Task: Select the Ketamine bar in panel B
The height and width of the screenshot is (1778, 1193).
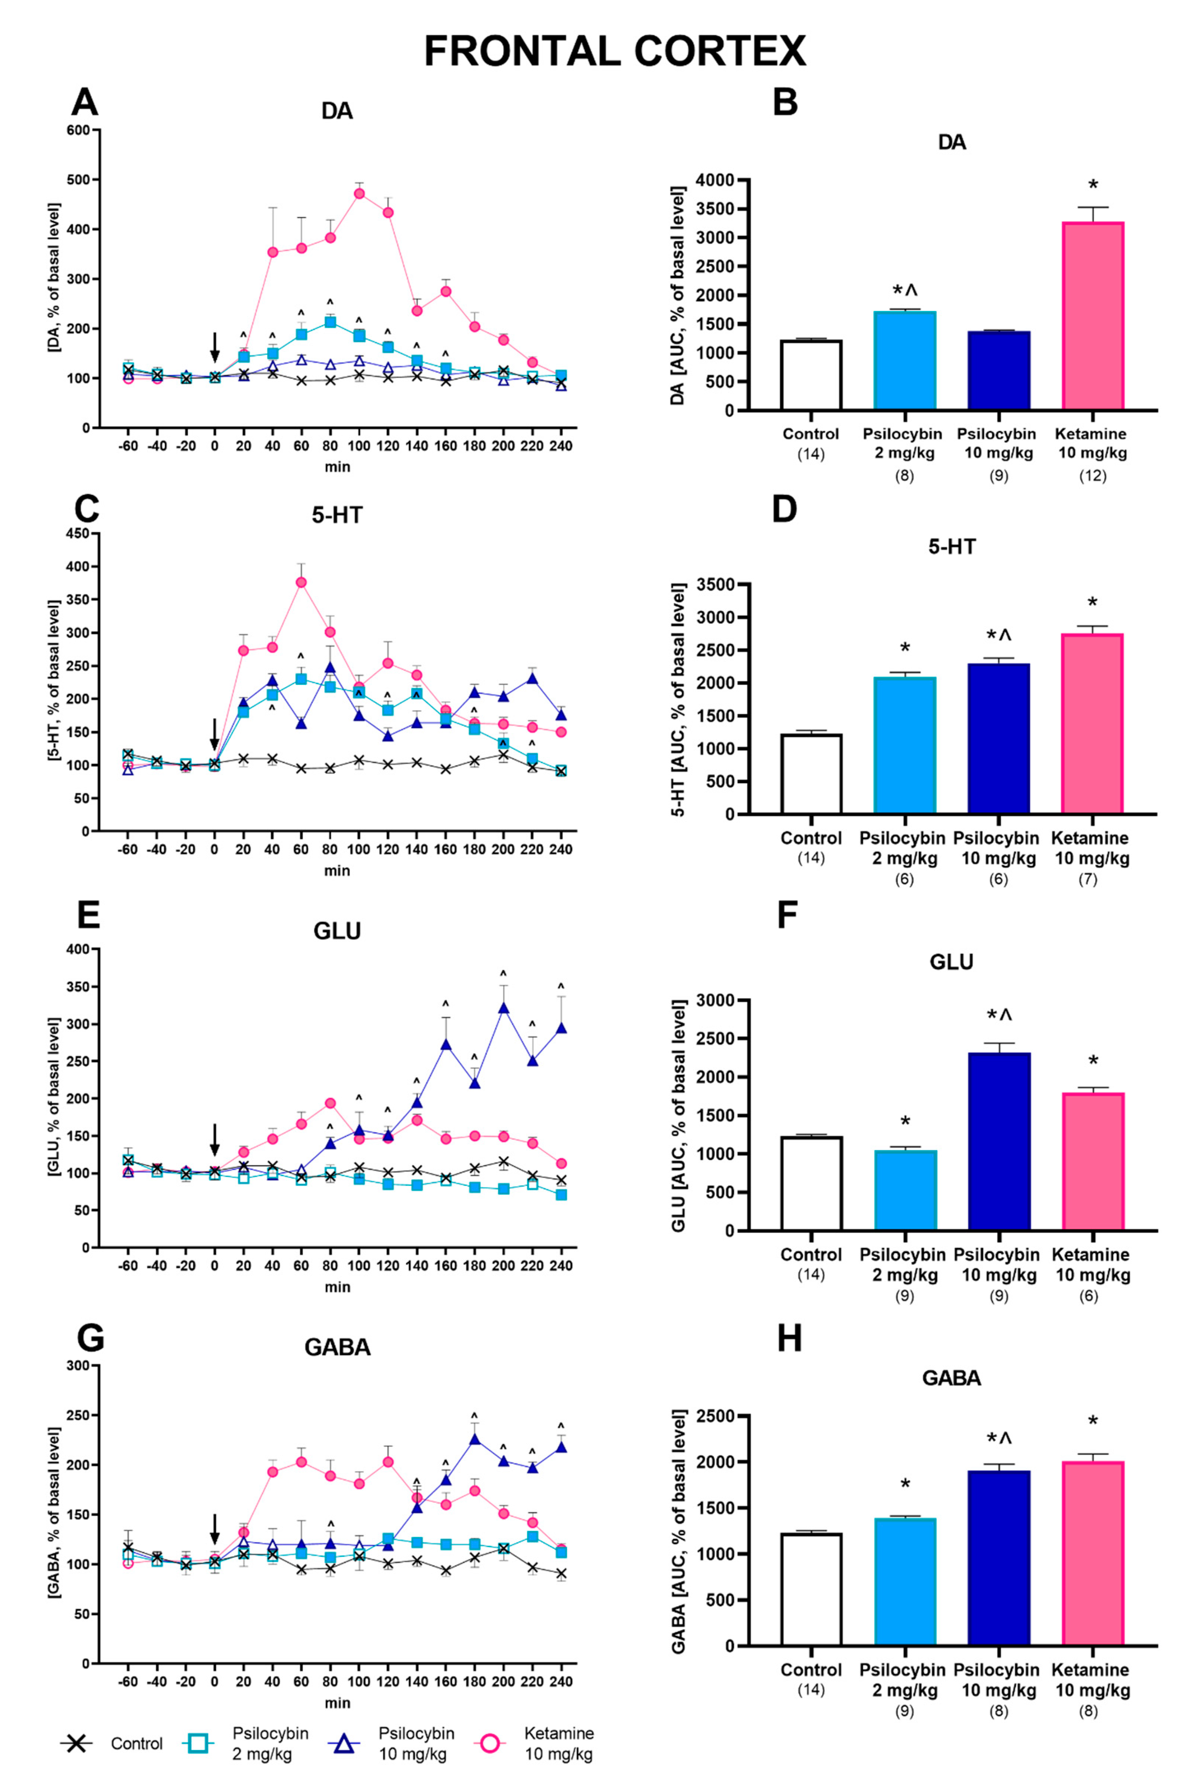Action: (x=1092, y=316)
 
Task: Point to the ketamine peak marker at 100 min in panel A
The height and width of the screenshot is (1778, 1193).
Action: (x=359, y=193)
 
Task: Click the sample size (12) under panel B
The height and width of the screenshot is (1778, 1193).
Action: (x=1092, y=476)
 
